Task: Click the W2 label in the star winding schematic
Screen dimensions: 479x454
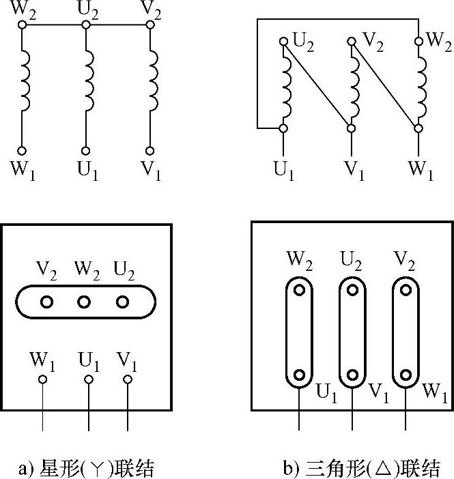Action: [22, 10]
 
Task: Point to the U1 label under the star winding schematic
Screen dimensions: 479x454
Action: [87, 171]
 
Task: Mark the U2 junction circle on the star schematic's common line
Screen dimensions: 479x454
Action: [86, 25]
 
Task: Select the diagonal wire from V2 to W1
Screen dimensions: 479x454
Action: [384, 85]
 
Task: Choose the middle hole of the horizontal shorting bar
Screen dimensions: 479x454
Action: [84, 301]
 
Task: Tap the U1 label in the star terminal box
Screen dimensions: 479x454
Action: [88, 359]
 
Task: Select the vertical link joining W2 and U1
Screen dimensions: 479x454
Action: [299, 332]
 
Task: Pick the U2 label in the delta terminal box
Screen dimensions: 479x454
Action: [352, 259]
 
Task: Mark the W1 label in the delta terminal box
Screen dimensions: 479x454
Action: [436, 392]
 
